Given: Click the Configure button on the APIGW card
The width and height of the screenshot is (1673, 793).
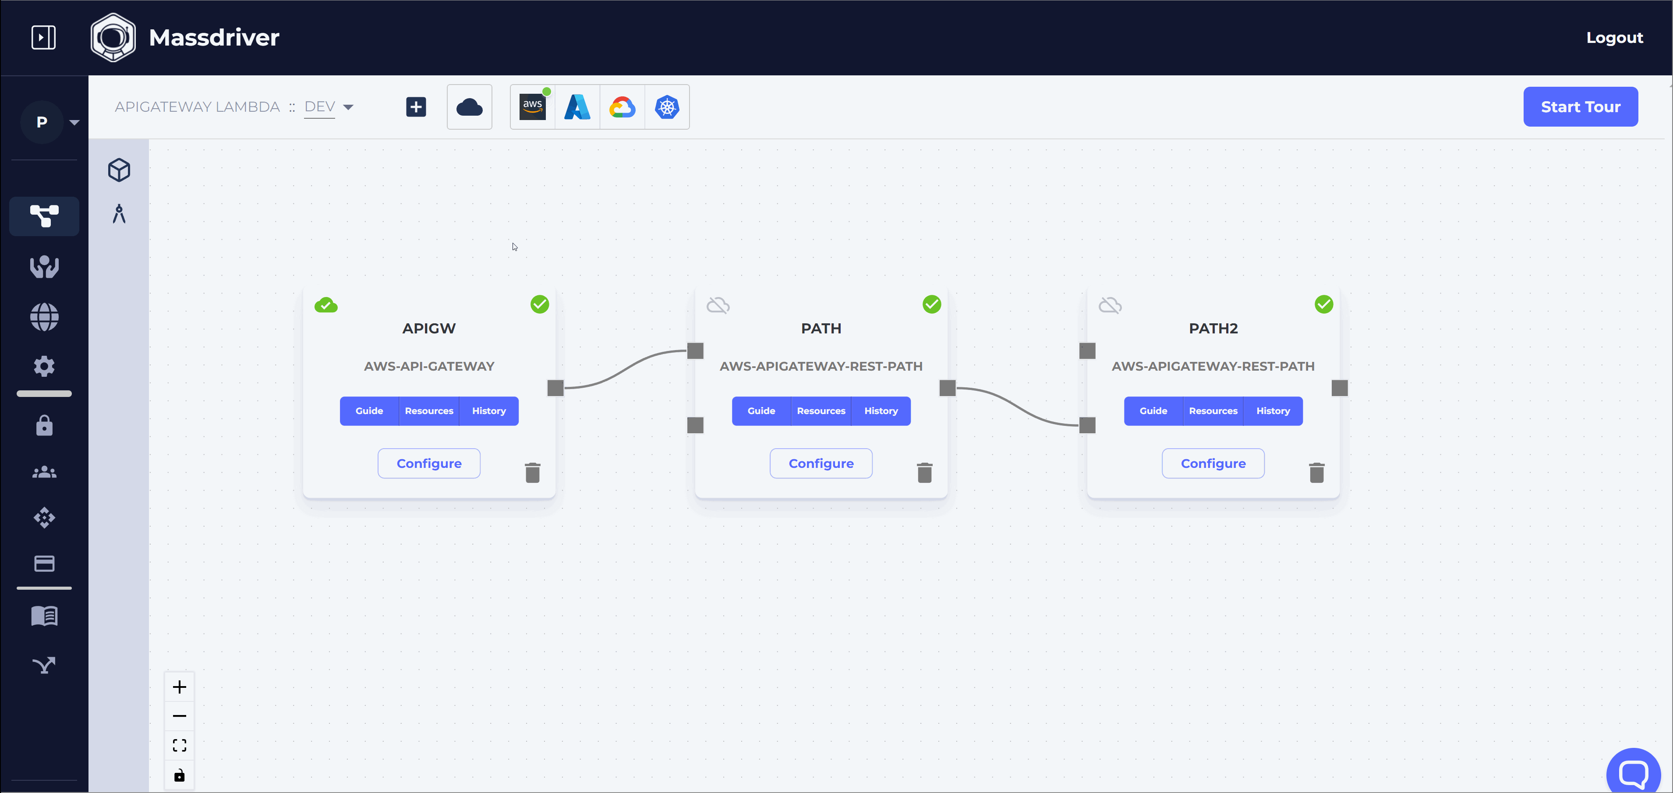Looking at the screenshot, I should pyautogui.click(x=428, y=463).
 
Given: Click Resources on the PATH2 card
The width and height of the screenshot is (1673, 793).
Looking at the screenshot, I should pyautogui.click(x=1213, y=411).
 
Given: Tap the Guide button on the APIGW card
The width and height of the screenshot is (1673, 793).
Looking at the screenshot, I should pyautogui.click(x=369, y=411).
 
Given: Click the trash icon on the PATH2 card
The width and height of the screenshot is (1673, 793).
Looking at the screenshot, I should pyautogui.click(x=1316, y=472).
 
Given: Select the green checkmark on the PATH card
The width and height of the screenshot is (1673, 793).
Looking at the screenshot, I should pyautogui.click(x=931, y=304).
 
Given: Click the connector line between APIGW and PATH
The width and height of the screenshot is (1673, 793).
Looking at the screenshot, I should pyautogui.click(x=624, y=369).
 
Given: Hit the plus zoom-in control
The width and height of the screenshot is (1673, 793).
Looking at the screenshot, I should pyautogui.click(x=179, y=687).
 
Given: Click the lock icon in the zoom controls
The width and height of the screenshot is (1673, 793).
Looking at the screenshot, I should pyautogui.click(x=179, y=775).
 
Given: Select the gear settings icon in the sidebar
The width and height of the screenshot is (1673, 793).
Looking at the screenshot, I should pyautogui.click(x=44, y=366).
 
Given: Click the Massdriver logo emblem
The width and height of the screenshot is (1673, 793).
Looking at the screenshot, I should pyautogui.click(x=113, y=38).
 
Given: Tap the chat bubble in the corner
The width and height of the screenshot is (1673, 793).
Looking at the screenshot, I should pyautogui.click(x=1632, y=773).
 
